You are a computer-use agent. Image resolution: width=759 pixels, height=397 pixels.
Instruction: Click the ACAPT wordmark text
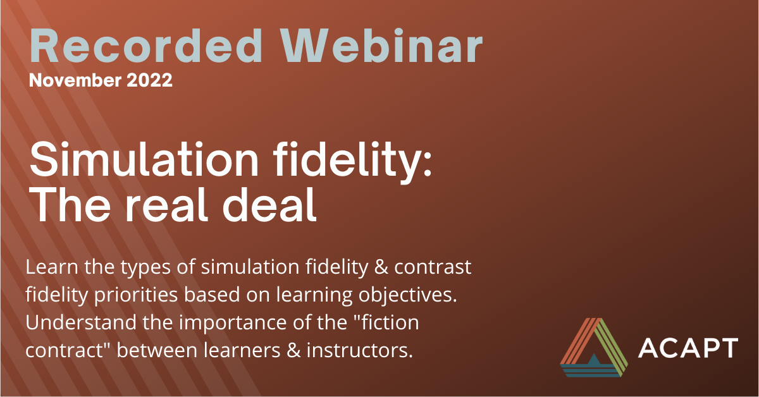click(x=688, y=348)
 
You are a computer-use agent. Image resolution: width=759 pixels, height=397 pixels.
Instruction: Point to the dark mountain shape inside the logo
click(x=593, y=360)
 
